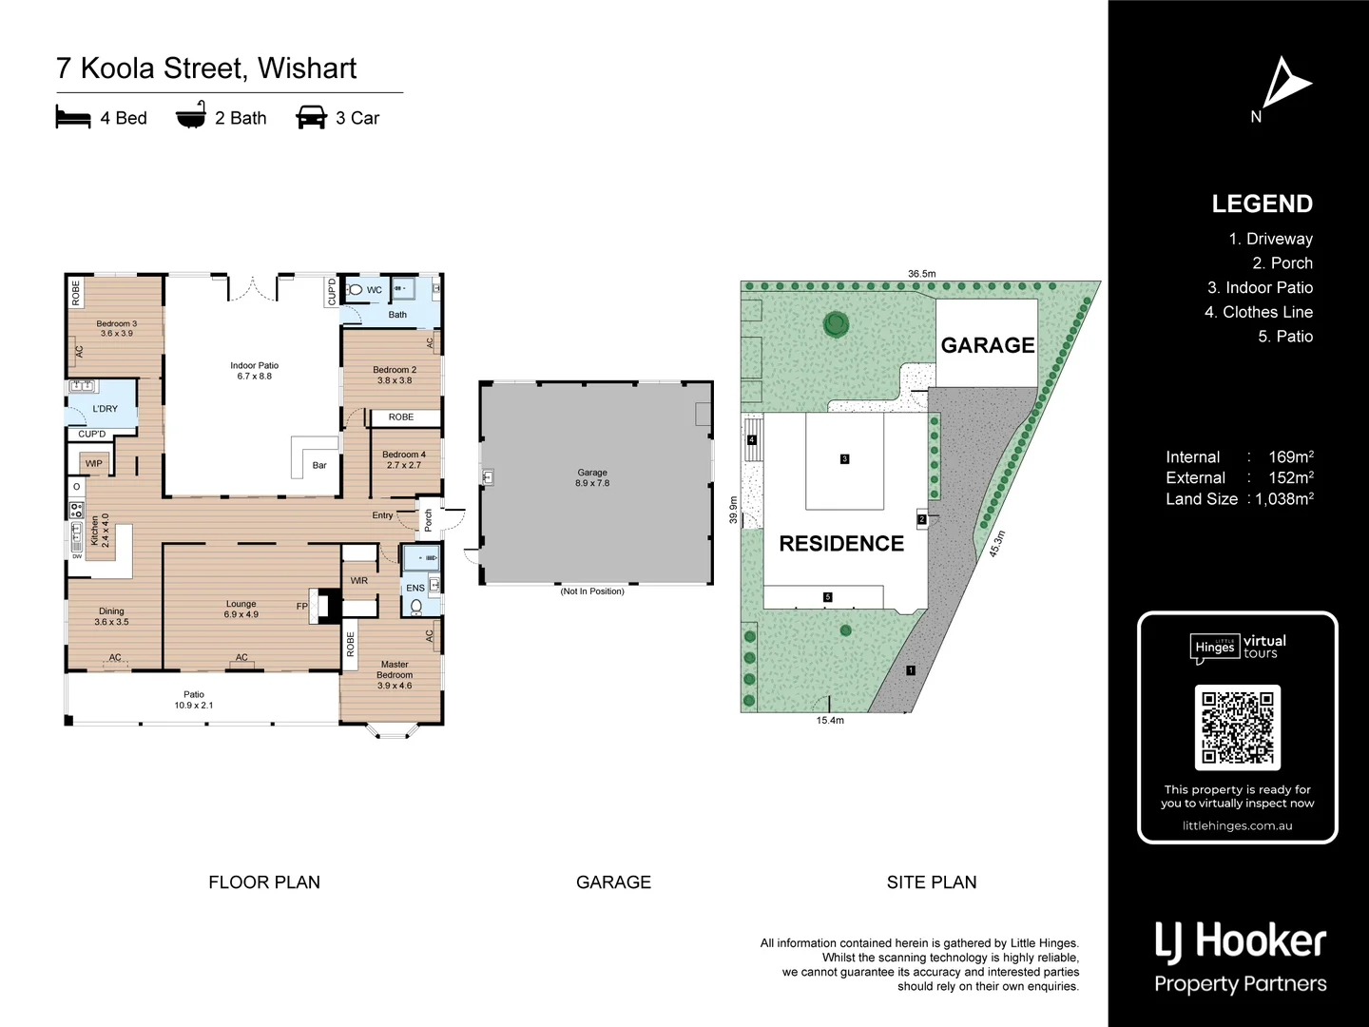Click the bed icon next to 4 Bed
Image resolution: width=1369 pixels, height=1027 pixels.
click(x=73, y=118)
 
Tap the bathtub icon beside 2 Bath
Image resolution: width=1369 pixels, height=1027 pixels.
click(x=190, y=118)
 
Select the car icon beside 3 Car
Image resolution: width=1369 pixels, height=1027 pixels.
click(x=311, y=118)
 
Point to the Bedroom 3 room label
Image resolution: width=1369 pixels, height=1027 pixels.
click(x=116, y=329)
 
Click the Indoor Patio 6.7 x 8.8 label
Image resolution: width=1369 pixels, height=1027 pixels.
click(x=254, y=371)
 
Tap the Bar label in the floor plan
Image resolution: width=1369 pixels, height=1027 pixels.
click(x=319, y=465)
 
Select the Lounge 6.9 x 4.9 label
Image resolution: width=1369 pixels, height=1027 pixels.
click(x=241, y=610)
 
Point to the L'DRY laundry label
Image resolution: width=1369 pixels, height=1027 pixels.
click(x=105, y=409)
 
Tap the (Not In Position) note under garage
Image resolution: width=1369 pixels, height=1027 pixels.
click(x=592, y=591)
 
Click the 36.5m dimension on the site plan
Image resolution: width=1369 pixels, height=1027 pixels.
click(x=921, y=274)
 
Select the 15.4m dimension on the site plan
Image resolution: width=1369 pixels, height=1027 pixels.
click(x=830, y=721)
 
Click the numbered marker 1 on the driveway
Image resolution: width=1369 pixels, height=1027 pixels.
click(x=911, y=670)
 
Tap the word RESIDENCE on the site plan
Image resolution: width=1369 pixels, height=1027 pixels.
click(x=841, y=544)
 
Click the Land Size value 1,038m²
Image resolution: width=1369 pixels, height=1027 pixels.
click(x=1284, y=499)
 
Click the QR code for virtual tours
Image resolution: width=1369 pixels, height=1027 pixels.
click(x=1237, y=727)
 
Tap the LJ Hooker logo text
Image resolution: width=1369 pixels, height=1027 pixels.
click(x=1240, y=941)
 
